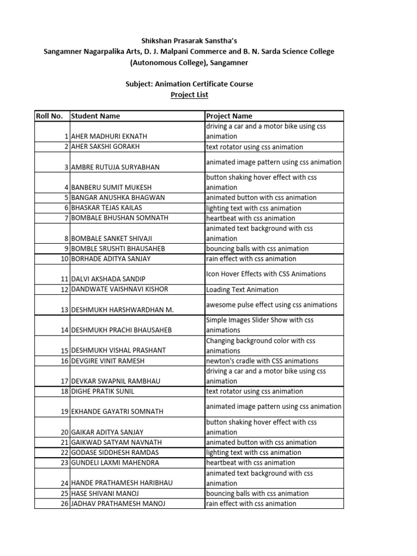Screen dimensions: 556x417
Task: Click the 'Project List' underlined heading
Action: point(189,95)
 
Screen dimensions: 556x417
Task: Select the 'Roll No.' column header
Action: point(49,116)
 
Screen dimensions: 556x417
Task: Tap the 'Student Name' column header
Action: point(96,116)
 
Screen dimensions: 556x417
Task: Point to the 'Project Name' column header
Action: point(229,116)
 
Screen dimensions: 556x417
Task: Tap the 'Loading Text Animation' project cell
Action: point(242,290)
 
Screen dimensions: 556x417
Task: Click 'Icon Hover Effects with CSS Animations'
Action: point(266,274)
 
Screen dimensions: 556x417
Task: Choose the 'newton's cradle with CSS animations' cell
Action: point(262,361)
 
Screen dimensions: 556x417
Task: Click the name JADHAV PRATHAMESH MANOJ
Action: point(118,504)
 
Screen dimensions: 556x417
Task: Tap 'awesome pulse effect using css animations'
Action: point(271,305)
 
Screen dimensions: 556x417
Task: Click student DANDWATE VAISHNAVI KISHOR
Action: point(119,289)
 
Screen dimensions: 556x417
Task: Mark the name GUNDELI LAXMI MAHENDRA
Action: point(115,463)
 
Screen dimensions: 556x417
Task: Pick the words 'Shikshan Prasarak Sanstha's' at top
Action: point(189,41)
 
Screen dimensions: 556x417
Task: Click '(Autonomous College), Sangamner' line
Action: point(189,62)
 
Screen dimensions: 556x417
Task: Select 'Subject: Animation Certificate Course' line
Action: point(189,84)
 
